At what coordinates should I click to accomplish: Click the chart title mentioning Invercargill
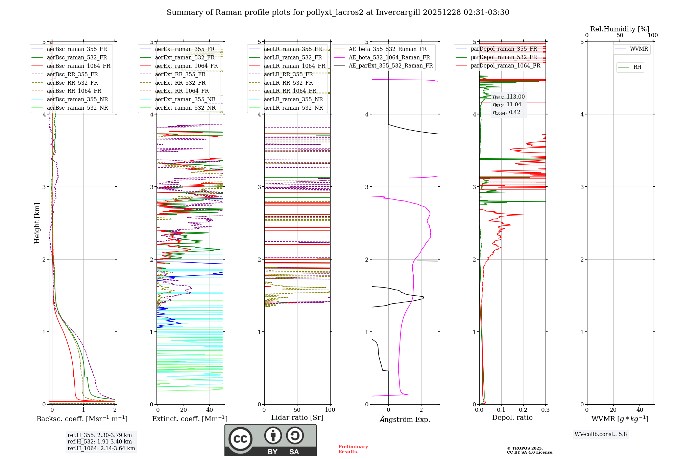pos(338,12)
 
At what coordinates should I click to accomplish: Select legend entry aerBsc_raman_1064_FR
pos(78,66)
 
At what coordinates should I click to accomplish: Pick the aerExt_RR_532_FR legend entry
pos(180,83)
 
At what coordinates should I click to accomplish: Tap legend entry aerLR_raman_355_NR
pos(293,99)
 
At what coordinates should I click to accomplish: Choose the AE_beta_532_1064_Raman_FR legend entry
pos(389,57)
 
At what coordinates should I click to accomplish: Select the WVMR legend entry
pos(639,49)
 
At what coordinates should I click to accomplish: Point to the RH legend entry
pos(637,67)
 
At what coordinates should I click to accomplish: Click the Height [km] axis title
pos(37,223)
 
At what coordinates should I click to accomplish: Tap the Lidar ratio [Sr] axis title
pos(297,417)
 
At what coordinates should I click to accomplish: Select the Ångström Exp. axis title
pos(405,419)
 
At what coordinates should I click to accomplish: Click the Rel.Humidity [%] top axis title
pos(620,29)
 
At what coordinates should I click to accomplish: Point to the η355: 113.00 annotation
pos(509,97)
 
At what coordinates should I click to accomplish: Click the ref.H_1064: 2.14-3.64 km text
pos(101,448)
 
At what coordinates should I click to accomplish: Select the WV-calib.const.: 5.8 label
pos(601,434)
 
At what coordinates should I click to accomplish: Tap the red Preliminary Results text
pos(353,449)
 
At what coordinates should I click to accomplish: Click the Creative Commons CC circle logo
pos(240,439)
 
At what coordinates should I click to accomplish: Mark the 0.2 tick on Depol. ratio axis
pos(523,410)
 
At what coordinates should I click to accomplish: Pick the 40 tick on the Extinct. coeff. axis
pos(210,410)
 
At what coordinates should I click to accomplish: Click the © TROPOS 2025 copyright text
pos(525,448)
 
